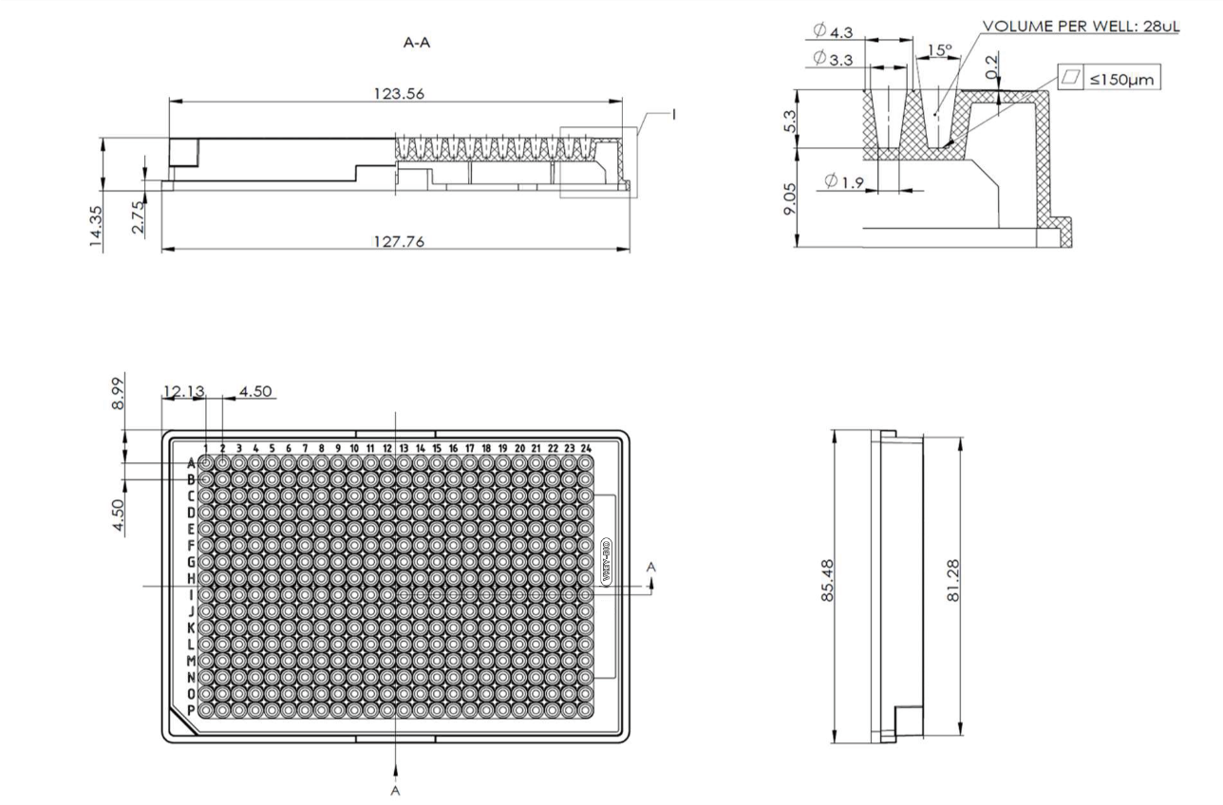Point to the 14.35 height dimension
pyautogui.click(x=96, y=229)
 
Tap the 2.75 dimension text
pyautogui.click(x=140, y=217)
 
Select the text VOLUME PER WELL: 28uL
pyautogui.click(x=1081, y=26)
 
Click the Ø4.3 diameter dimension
pyautogui.click(x=833, y=32)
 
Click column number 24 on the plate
pyautogui.click(x=586, y=447)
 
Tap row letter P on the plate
pyautogui.click(x=191, y=710)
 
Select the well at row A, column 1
pyautogui.click(x=206, y=462)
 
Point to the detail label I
pyautogui.click(x=673, y=114)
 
